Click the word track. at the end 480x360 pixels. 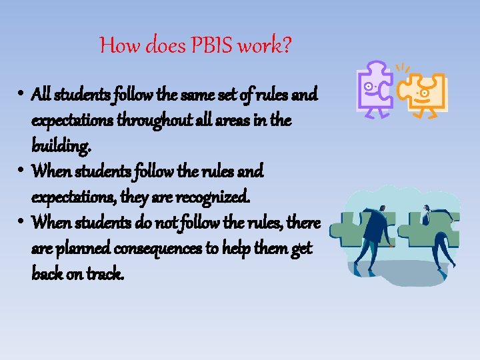105,273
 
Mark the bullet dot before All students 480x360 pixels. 22,94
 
